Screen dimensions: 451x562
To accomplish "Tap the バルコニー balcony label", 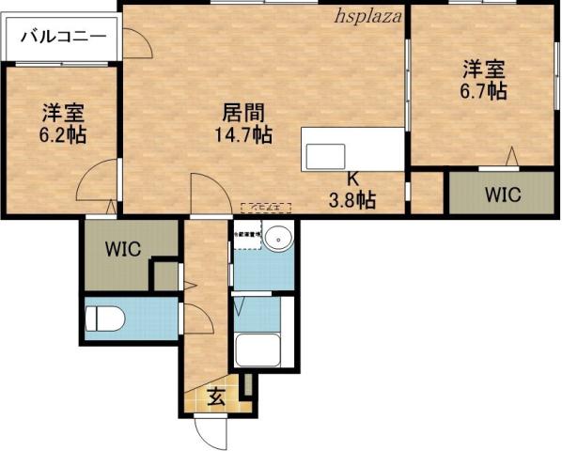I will click(x=61, y=38).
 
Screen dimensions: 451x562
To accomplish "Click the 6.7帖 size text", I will click(x=484, y=91).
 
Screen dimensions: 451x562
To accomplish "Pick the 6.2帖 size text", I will click(x=63, y=135).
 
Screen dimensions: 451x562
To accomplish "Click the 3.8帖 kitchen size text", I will click(x=353, y=199).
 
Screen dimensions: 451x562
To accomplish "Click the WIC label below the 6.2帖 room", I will click(x=123, y=250).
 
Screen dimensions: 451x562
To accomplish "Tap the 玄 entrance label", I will click(x=216, y=397).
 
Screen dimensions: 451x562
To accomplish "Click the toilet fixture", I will click(x=103, y=319).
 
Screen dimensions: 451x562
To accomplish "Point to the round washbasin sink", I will click(x=278, y=240).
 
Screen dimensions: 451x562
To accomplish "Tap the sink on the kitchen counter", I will click(x=325, y=156).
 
